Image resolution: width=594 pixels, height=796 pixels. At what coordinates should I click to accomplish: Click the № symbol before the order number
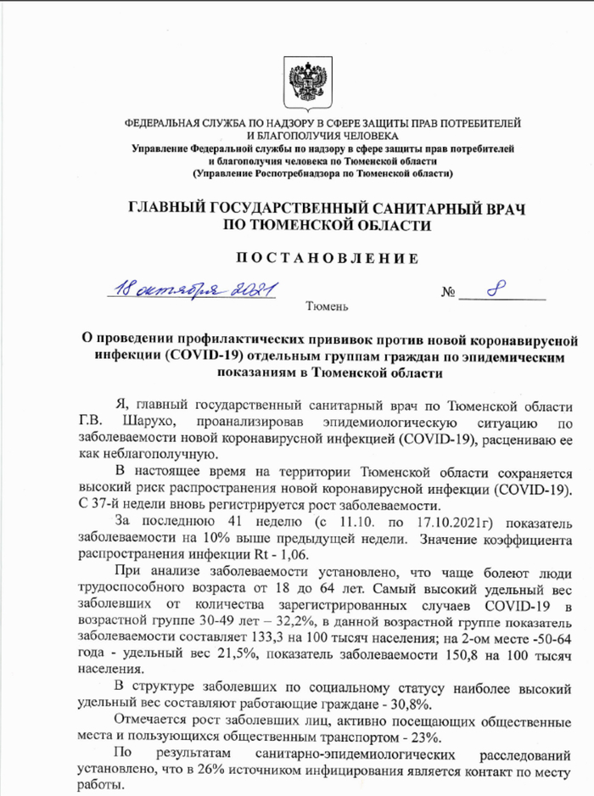tap(449, 294)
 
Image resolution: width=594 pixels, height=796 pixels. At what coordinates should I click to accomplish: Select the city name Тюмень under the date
tap(326, 304)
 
